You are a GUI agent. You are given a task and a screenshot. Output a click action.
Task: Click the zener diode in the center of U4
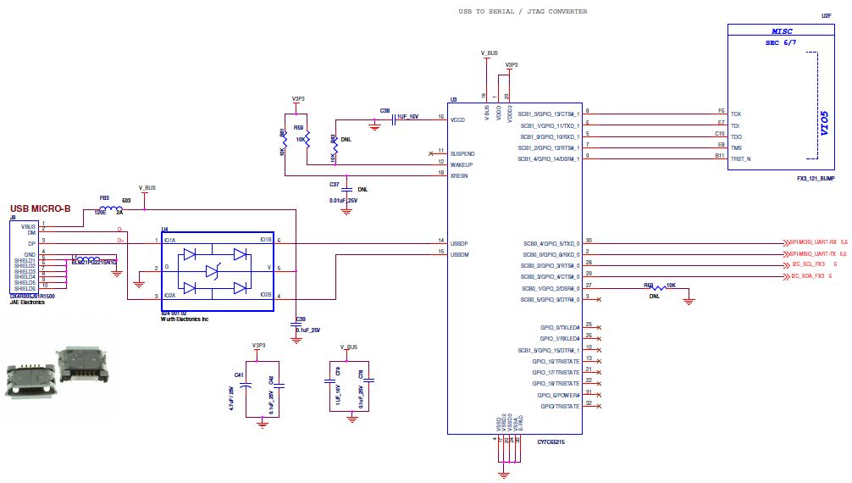(x=218, y=269)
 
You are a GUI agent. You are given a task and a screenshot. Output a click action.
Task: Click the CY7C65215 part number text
(x=550, y=441)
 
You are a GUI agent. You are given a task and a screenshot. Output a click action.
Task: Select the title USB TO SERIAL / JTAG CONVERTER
(x=523, y=12)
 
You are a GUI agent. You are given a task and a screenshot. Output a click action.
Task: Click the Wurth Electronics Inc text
(x=185, y=319)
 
